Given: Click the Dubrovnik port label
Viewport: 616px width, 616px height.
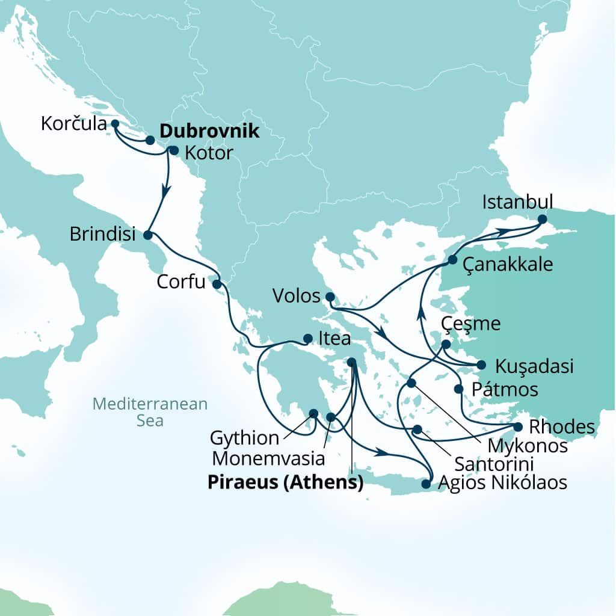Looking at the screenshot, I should [210, 132].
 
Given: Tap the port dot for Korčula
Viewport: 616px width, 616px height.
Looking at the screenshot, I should [115, 123].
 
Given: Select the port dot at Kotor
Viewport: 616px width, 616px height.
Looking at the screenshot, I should [174, 150].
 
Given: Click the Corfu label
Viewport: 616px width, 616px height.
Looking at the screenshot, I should [181, 282].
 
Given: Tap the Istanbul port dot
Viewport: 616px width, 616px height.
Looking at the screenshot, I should [542, 220].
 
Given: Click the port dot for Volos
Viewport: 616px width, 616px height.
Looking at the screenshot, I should [330, 297].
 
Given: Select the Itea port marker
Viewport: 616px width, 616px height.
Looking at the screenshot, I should [307, 339].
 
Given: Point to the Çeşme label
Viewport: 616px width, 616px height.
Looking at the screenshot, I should [470, 324].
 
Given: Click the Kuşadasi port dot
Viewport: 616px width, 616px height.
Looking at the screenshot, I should [481, 364].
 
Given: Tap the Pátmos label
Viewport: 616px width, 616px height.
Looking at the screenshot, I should [504, 389].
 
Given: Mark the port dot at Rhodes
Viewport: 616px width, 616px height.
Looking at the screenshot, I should [517, 427].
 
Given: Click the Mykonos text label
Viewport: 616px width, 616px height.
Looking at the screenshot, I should [528, 446].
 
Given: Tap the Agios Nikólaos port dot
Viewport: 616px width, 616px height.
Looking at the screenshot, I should [427, 483].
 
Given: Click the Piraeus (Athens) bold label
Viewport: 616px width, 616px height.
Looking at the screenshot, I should [286, 483].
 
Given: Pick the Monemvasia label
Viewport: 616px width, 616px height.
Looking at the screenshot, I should [268, 458].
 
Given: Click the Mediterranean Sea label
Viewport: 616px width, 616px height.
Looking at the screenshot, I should [150, 411].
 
